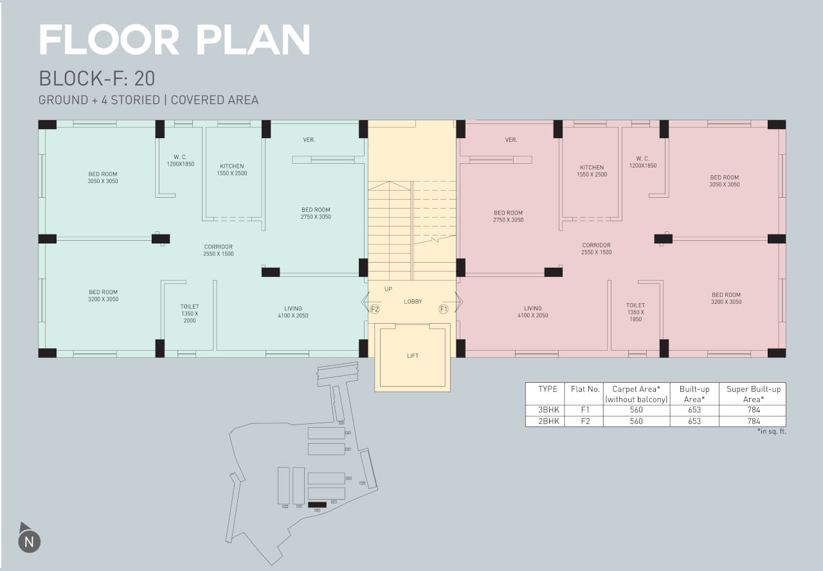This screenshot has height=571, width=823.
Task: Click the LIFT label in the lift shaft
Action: tap(413, 356)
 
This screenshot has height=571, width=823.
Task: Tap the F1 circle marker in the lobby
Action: tap(444, 309)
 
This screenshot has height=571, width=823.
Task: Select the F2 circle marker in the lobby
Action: tap(375, 309)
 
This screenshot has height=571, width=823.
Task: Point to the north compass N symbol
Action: tap(29, 541)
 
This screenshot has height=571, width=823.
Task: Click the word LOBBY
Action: tap(413, 302)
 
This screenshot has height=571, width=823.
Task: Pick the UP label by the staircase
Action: tap(388, 289)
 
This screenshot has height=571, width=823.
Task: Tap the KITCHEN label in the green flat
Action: tap(232, 166)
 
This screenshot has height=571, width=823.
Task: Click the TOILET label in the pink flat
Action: tap(636, 305)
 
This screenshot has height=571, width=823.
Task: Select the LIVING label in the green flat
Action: tap(293, 308)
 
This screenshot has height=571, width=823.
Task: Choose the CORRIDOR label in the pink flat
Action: tap(596, 245)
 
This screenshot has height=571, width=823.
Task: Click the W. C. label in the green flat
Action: tap(181, 157)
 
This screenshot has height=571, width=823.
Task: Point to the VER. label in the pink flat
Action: tap(511, 140)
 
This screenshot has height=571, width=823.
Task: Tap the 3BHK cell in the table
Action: tap(548, 410)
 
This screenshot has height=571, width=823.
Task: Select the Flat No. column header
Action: tap(585, 389)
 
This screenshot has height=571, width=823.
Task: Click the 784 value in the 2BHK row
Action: tap(754, 421)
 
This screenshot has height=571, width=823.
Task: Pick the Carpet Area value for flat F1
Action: tap(637, 410)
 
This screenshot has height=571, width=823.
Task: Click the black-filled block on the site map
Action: tap(317, 505)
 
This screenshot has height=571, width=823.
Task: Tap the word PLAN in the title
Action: tap(253, 40)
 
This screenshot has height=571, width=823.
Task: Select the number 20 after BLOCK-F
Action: tap(145, 78)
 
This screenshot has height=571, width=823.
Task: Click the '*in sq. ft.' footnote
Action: tap(772, 432)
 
